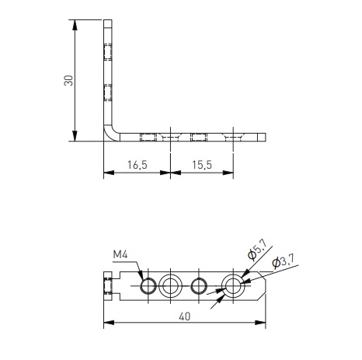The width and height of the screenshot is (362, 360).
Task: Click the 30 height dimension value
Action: pyautogui.click(x=68, y=81)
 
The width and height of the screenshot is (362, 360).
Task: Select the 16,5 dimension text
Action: pyautogui.click(x=136, y=166)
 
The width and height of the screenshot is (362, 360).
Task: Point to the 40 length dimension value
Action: pyautogui.click(x=185, y=316)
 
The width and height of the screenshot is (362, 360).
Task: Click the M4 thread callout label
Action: pyautogui.click(x=120, y=255)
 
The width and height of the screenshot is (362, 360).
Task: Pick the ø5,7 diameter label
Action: pyautogui.click(x=256, y=250)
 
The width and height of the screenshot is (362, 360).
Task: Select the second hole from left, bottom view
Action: pyautogui.click(x=170, y=286)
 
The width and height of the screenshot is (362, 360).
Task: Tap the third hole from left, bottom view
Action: pyautogui.click(x=199, y=286)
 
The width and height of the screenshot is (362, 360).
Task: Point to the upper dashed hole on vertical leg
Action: pyautogui.click(x=107, y=52)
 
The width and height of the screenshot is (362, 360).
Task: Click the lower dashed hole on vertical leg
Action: pyautogui.click(x=107, y=91)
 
